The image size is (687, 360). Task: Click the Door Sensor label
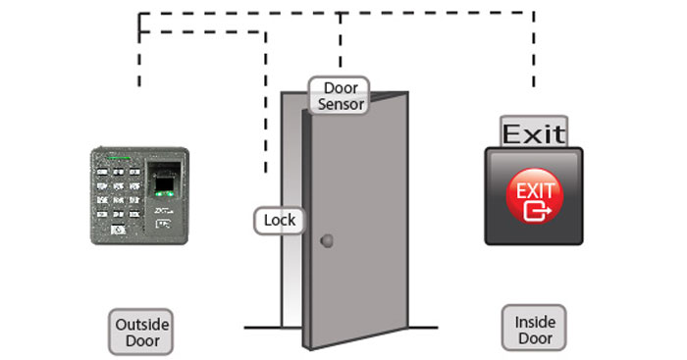[341, 95]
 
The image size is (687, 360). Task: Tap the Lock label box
[280, 221]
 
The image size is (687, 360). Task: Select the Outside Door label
[136, 333]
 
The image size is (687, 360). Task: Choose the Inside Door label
[535, 331]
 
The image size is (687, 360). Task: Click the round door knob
[327, 241]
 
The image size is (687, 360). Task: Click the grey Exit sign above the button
[534, 132]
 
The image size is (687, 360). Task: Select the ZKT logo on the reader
[164, 209]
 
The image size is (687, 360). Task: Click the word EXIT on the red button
[535, 186]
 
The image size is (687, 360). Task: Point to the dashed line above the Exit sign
[535, 59]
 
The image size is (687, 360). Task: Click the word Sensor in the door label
[341, 104]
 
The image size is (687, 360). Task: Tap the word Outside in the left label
[136, 325]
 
